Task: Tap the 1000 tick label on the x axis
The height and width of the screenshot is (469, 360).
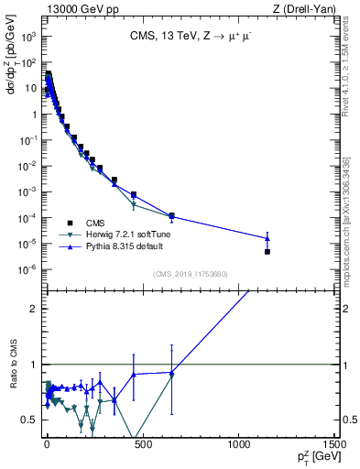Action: [x=238, y=446]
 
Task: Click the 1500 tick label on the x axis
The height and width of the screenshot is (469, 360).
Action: [x=333, y=446]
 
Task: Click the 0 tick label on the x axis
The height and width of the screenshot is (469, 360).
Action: [x=46, y=446]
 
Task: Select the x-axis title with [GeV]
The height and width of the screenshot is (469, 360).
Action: [x=314, y=457]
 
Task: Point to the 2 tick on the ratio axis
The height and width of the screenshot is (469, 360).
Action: [x=34, y=309]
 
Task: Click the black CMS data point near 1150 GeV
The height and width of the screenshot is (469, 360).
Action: [x=267, y=251]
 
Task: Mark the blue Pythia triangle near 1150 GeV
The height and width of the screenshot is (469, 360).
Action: [x=267, y=237]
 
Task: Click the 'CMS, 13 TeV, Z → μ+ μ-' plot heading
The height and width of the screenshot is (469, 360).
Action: [x=191, y=38]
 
